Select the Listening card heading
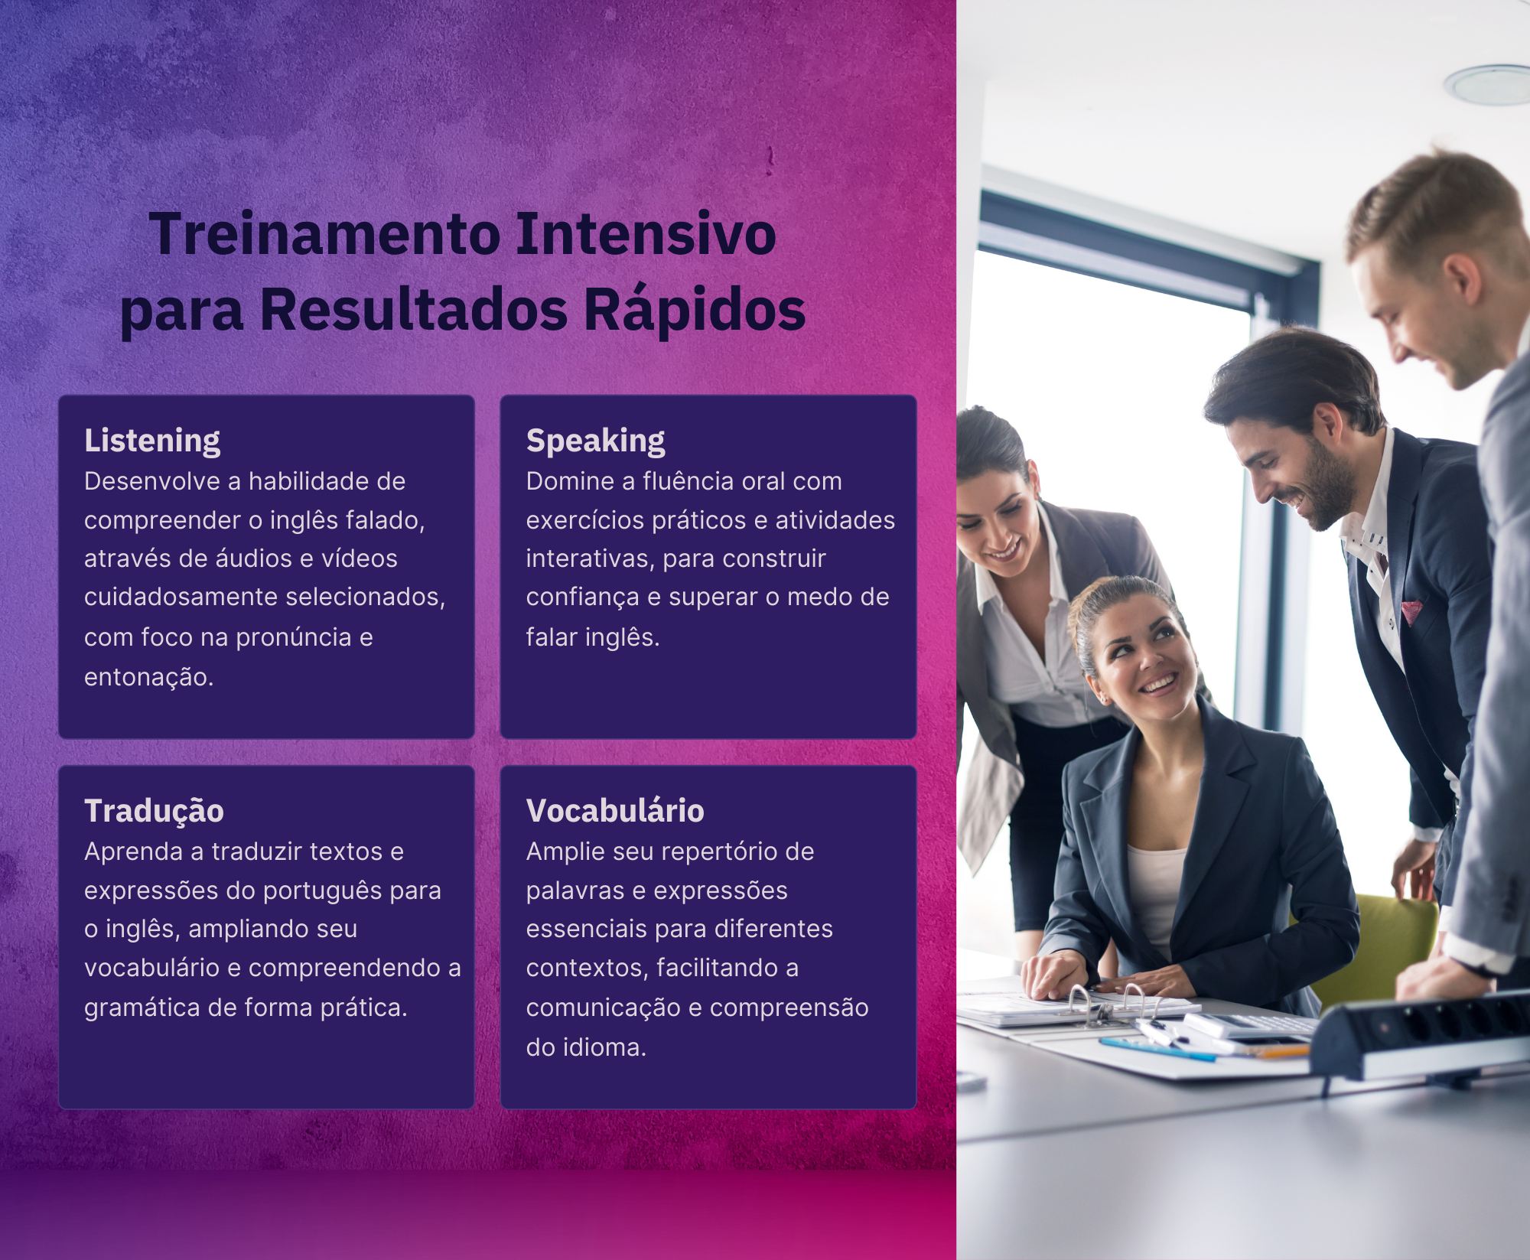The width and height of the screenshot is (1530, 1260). pos(152,441)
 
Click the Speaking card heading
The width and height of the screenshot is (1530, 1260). pos(595,441)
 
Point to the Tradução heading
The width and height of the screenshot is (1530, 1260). pos(154,811)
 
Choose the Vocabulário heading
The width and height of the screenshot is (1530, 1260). pos(615,810)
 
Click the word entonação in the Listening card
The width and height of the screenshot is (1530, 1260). pos(148,677)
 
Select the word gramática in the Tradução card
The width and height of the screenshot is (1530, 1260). pos(142,1008)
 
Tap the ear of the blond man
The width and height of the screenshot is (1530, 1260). pos(1462,278)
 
